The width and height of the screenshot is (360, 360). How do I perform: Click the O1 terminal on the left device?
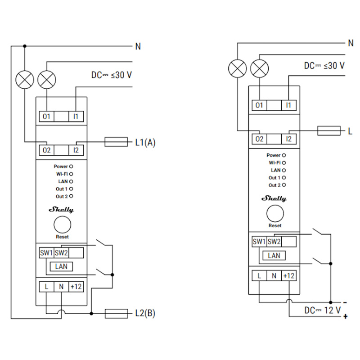click(x=46, y=116)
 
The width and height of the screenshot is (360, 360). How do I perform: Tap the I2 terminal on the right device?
click(x=289, y=139)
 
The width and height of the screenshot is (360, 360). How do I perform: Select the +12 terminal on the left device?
click(x=76, y=286)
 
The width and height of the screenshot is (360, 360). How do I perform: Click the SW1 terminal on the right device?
click(x=259, y=242)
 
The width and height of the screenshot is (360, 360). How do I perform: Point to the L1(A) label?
click(x=145, y=142)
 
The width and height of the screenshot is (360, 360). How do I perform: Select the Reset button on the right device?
click(x=275, y=213)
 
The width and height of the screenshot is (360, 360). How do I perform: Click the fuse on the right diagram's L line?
click(x=328, y=131)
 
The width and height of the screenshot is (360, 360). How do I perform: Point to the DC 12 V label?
click(x=322, y=310)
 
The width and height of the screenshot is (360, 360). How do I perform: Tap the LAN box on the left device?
click(x=61, y=266)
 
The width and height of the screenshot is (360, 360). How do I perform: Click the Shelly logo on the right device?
click(x=274, y=198)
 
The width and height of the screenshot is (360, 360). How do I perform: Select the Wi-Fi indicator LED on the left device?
click(x=71, y=174)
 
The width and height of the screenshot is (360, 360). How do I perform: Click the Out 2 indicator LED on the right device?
click(x=284, y=185)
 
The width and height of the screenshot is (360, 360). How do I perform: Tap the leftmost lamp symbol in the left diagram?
click(x=25, y=80)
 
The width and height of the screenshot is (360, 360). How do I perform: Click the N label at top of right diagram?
click(x=351, y=43)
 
